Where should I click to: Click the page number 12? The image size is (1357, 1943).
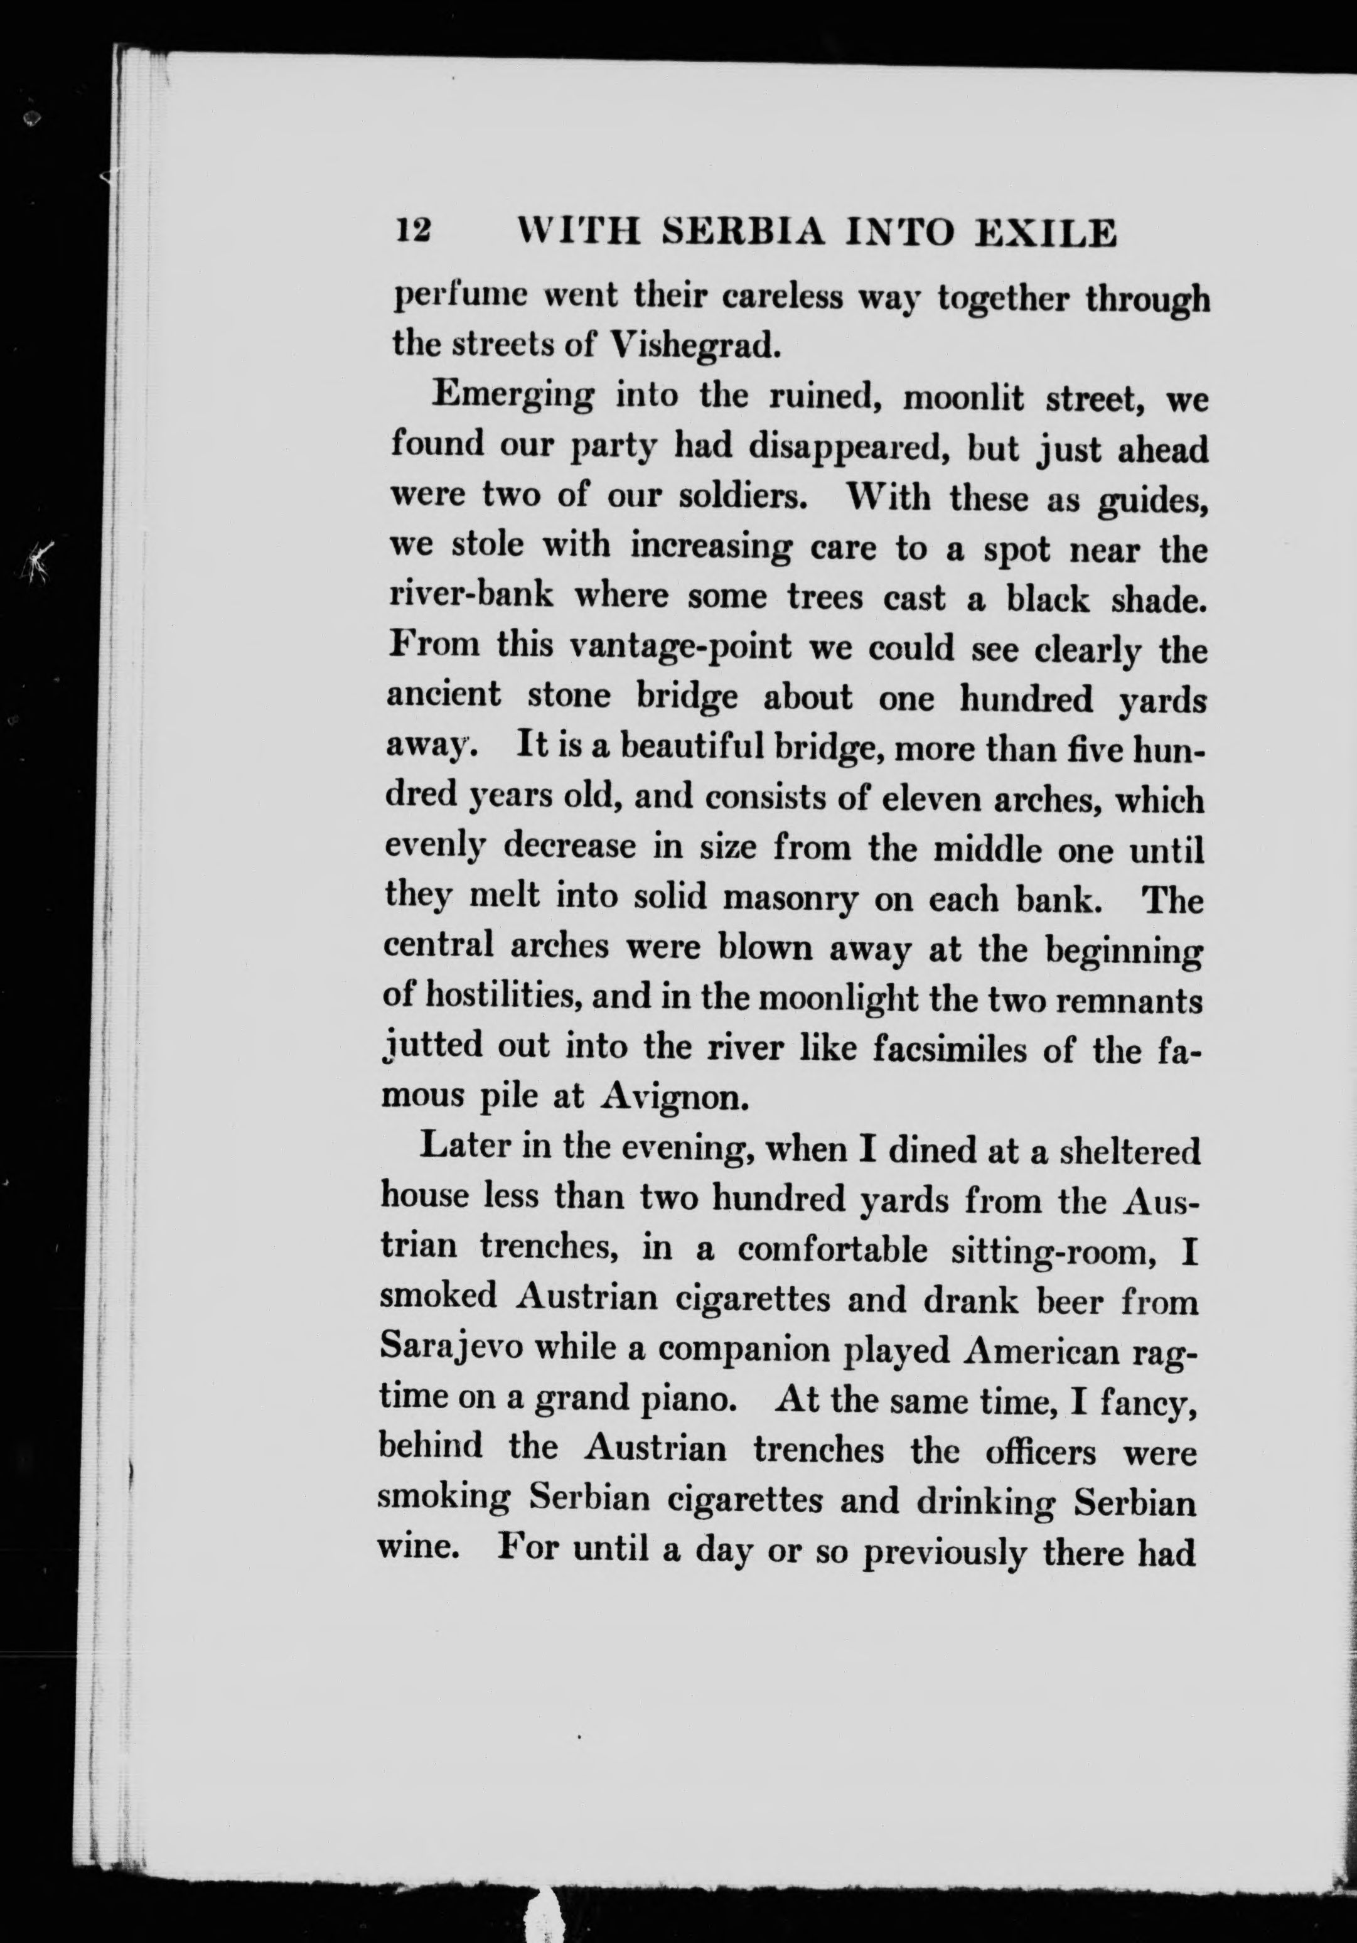point(414,231)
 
